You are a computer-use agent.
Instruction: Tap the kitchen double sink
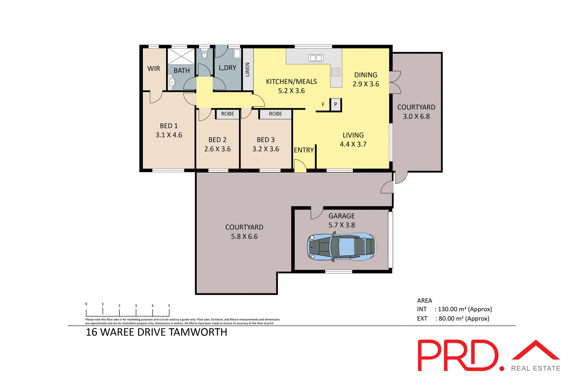click(316, 58)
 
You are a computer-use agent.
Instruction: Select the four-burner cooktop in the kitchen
click(336, 72)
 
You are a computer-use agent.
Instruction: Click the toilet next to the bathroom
click(204, 54)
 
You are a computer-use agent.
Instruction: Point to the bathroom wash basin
click(172, 82)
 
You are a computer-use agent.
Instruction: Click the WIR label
click(154, 69)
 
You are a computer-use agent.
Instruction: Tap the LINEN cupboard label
click(248, 69)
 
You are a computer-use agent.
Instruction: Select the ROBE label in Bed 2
click(227, 114)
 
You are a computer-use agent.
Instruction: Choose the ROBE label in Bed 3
click(275, 114)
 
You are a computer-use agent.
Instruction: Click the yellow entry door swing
click(300, 166)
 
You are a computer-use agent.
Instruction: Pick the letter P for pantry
click(335, 104)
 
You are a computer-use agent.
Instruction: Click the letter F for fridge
click(323, 105)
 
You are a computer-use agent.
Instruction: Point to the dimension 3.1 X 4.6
click(169, 135)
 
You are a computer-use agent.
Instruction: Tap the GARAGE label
click(341, 216)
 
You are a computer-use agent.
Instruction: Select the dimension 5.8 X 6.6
click(244, 237)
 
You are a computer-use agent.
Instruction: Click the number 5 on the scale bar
click(169, 306)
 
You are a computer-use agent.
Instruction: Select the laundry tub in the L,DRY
click(237, 54)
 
